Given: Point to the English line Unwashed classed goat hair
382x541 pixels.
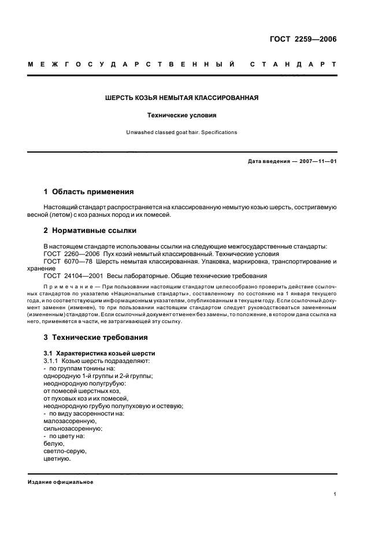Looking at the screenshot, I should [181, 132].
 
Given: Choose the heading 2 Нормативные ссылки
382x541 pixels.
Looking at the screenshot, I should [90, 231].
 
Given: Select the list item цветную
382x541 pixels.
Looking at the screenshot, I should [57, 459].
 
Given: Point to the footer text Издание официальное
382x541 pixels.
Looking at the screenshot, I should [60, 482].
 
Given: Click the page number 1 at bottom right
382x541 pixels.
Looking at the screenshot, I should [335, 494].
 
